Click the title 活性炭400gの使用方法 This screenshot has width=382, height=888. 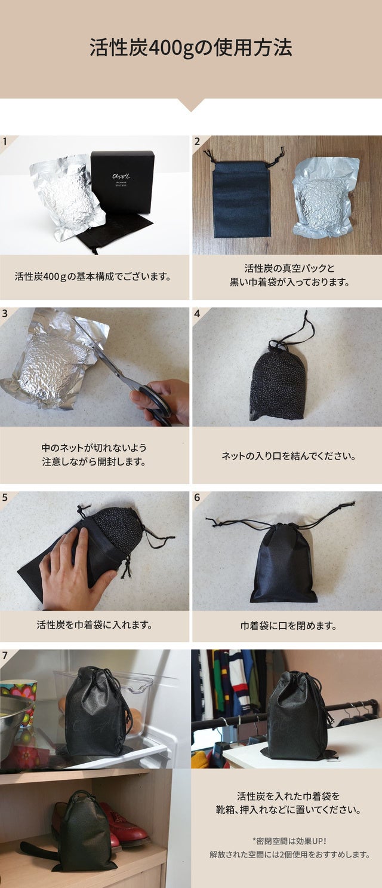click(191, 48)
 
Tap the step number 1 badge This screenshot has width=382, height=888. click(5, 141)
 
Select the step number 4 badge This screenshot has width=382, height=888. click(198, 313)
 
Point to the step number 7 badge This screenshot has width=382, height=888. click(5, 656)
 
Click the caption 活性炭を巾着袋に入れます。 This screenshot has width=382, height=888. click(94, 625)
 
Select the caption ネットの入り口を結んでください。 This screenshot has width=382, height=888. click(288, 455)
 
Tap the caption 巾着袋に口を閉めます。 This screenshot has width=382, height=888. click(288, 626)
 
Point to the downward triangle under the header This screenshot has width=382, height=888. click(191, 105)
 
